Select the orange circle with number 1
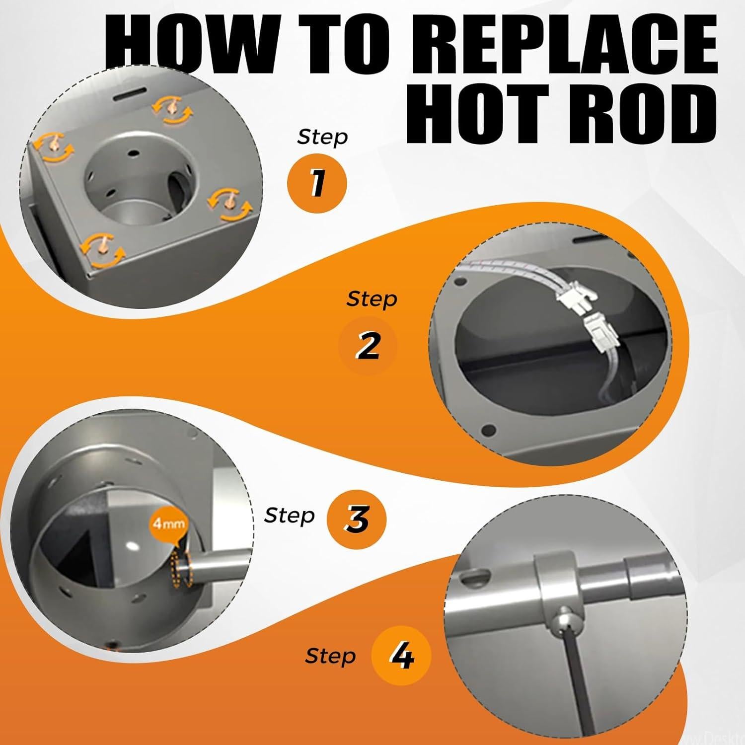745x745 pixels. tap(317, 183)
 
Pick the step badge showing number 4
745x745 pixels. tap(401, 657)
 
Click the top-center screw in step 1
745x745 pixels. tap(171, 109)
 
